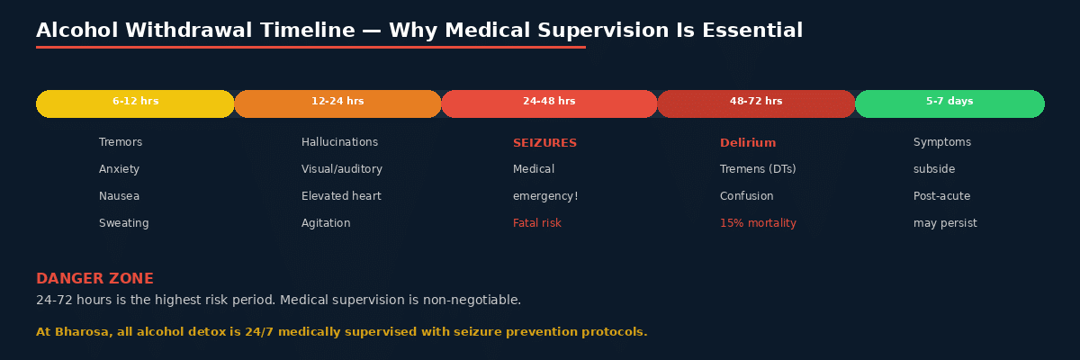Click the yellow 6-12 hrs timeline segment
point(135,103)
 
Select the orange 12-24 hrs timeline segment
point(337,103)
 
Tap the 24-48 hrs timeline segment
point(549,103)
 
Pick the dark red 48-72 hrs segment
point(756,103)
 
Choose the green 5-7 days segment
point(949,103)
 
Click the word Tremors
point(121,142)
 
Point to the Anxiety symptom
point(119,169)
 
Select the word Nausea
point(119,196)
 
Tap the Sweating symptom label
point(123,223)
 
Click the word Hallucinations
point(339,142)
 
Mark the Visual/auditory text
point(341,169)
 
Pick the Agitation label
point(326,223)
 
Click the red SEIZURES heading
point(544,143)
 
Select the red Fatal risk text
point(536,223)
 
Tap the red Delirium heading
point(747,143)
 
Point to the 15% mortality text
point(758,223)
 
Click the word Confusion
point(746,196)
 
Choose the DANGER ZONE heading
point(94,279)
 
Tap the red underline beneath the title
point(310,47)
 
